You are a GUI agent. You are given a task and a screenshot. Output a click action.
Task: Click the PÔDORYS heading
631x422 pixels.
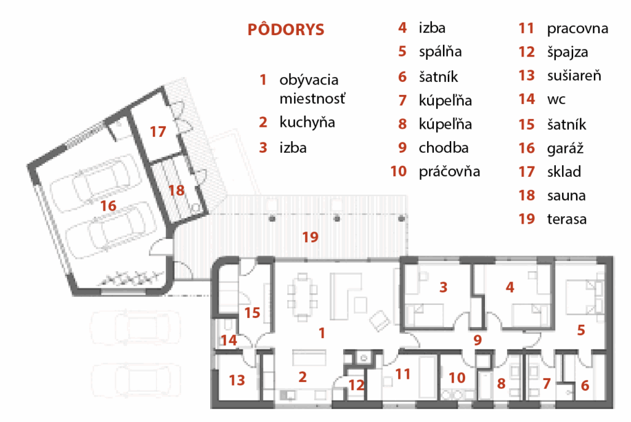[286, 30]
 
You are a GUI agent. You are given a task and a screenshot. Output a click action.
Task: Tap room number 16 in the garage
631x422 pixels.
[108, 206]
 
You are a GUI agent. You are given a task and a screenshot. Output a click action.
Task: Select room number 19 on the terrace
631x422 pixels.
[311, 237]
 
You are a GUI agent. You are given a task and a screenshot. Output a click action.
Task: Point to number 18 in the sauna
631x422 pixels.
[176, 190]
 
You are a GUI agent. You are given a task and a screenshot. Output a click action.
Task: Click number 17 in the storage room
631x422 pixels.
[158, 132]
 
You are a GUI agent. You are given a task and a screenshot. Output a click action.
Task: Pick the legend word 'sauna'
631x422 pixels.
[566, 196]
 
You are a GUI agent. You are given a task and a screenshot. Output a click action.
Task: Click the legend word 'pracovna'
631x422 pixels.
[577, 29]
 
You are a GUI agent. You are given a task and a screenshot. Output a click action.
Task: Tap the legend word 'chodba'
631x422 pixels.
[444, 148]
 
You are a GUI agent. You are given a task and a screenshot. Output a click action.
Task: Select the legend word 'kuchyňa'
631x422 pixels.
[307, 123]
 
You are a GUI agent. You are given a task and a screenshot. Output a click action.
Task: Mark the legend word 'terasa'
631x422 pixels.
[567, 219]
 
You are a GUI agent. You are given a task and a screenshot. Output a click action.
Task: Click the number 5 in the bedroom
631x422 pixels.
[580, 330]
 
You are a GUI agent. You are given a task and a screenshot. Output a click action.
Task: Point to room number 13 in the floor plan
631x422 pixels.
[237, 380]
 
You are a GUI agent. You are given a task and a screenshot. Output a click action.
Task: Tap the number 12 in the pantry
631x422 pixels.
[356, 386]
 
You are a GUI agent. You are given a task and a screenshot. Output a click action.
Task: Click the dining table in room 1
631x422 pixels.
[303, 297]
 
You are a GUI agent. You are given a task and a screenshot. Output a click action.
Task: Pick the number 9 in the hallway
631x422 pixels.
[478, 340]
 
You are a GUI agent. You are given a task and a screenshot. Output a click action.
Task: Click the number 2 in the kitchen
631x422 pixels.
[303, 377]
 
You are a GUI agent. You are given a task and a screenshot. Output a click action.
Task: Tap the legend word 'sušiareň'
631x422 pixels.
[574, 76]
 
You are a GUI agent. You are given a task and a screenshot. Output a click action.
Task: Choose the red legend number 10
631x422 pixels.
[399, 171]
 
